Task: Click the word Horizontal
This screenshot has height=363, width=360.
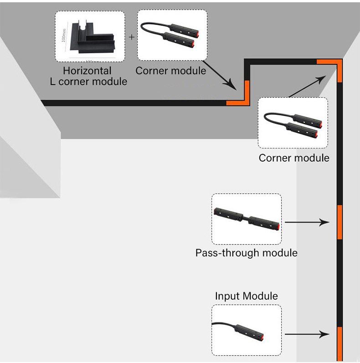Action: click(87, 71)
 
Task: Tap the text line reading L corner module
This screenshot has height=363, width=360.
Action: click(88, 82)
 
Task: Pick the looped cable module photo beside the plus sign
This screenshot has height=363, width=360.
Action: click(172, 35)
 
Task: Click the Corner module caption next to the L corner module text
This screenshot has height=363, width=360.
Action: click(171, 71)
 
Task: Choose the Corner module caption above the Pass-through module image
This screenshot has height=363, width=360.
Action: click(294, 158)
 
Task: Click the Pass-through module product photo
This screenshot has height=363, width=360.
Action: click(247, 219)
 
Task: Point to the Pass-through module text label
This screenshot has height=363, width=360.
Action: click(247, 253)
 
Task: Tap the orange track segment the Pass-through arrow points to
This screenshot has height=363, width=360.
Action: click(339, 222)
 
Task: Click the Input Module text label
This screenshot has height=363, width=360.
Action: click(247, 297)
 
